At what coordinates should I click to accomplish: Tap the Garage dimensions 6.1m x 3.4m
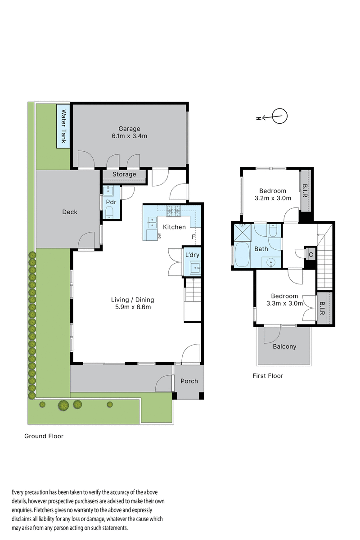pyautogui.click(x=129, y=136)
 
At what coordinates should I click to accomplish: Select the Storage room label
pyautogui.click(x=124, y=175)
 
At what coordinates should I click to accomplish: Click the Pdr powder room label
pyautogui.click(x=111, y=202)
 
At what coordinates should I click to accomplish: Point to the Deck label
pyautogui.click(x=70, y=212)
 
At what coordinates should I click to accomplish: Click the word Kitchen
pyautogui.click(x=174, y=227)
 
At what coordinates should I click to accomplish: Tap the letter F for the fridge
pyautogui.click(x=193, y=237)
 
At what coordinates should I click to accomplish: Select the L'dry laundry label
pyautogui.click(x=192, y=255)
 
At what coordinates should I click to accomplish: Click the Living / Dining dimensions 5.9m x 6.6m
pyautogui.click(x=132, y=308)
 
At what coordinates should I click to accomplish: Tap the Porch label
pyautogui.click(x=189, y=381)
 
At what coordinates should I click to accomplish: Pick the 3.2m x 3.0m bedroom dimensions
pyautogui.click(x=273, y=198)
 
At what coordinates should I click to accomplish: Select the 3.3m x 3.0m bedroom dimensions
pyautogui.click(x=284, y=304)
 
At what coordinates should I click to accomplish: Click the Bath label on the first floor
pyautogui.click(x=261, y=249)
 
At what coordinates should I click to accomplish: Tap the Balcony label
pyautogui.click(x=284, y=346)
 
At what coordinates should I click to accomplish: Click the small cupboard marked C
pyautogui.click(x=311, y=254)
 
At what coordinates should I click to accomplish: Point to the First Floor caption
pyautogui.click(x=268, y=376)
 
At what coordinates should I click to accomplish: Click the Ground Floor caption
pyautogui.click(x=44, y=436)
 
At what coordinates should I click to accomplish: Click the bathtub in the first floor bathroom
pyautogui.click(x=242, y=255)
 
